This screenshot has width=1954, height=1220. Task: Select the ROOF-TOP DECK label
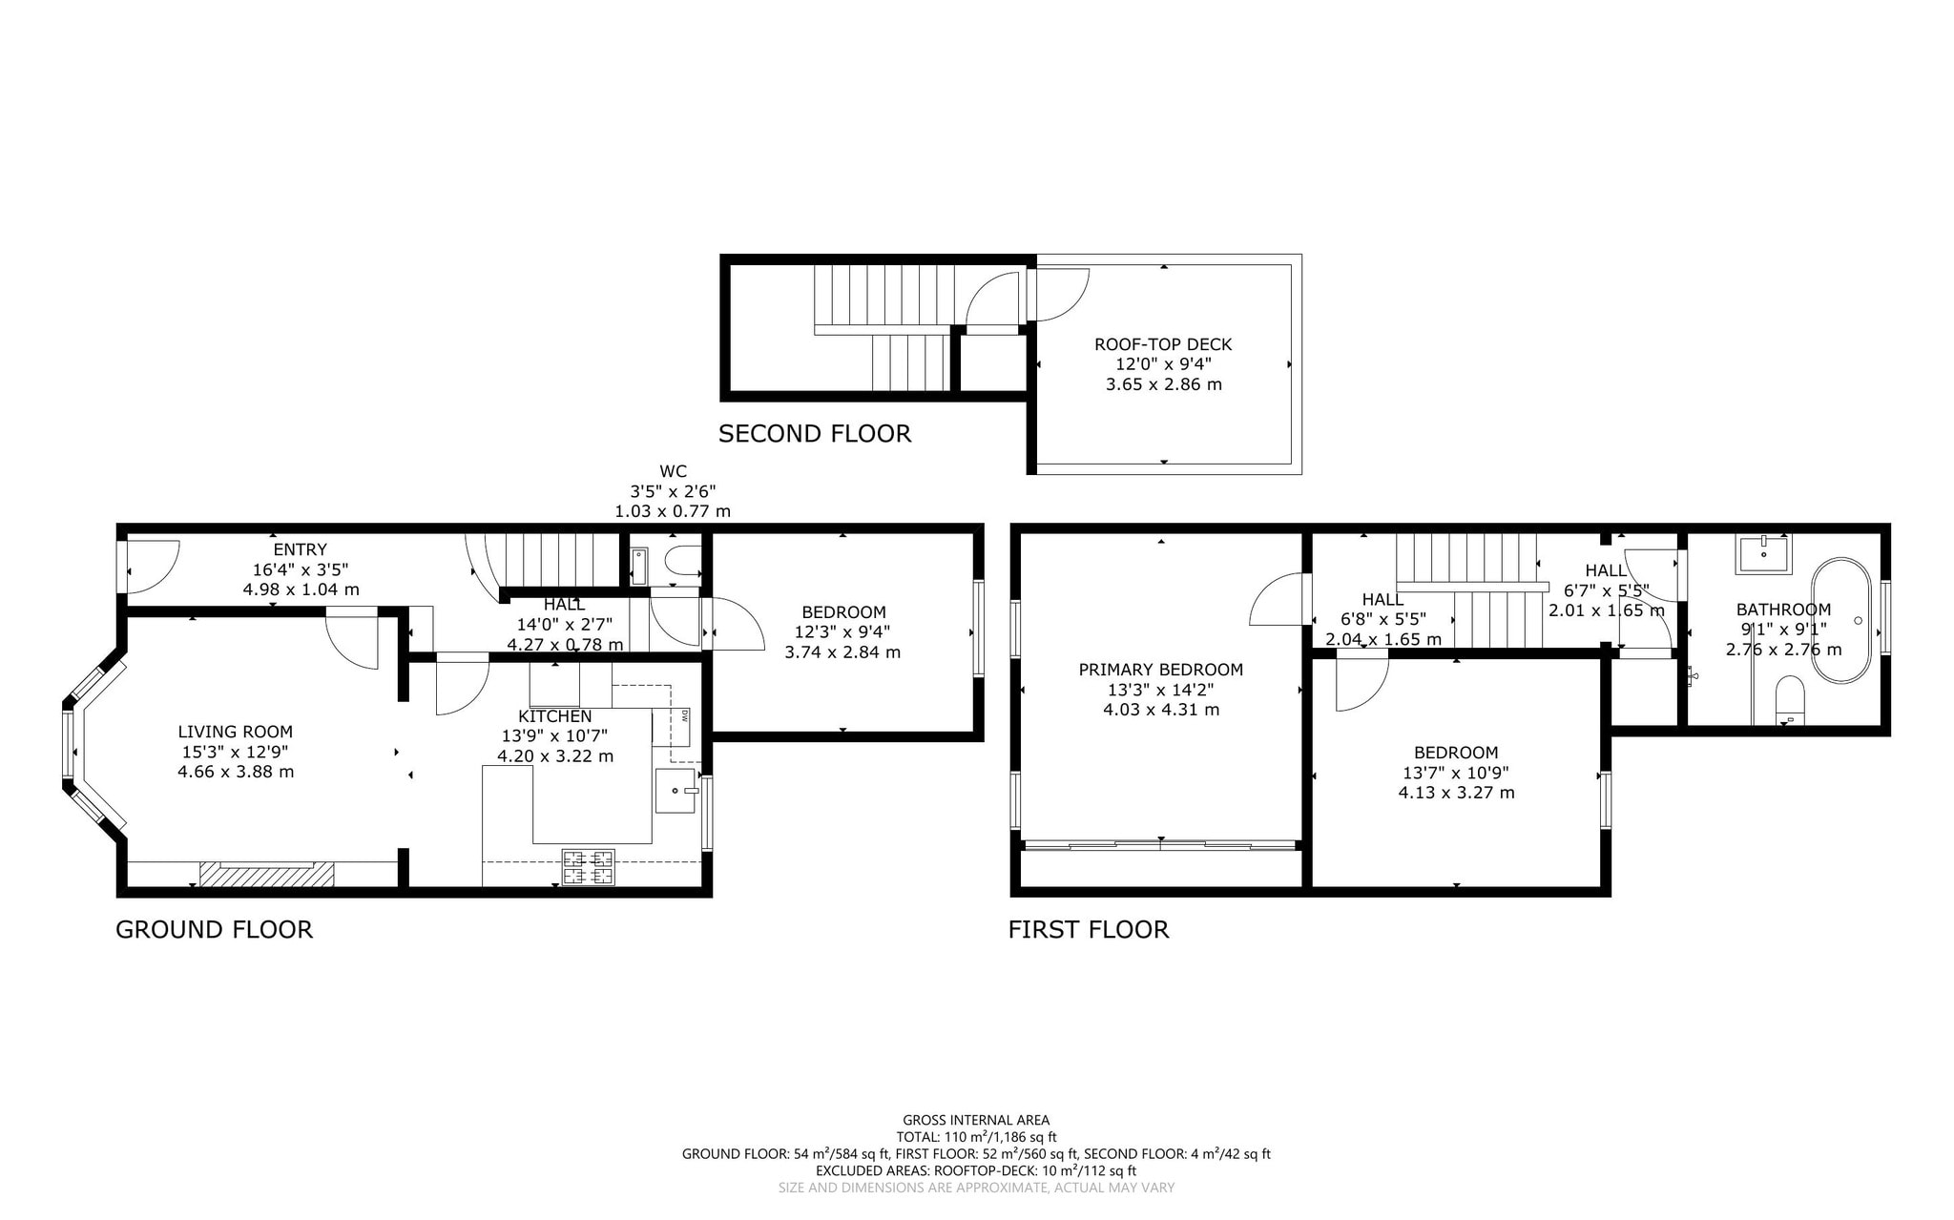pyautogui.click(x=1163, y=344)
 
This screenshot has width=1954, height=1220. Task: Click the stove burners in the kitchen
pyautogui.click(x=589, y=867)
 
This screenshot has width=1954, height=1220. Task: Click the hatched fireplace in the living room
pyautogui.click(x=267, y=874)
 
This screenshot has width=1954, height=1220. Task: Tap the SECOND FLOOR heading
pyautogui.click(x=815, y=434)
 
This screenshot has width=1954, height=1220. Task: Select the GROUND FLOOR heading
pyautogui.click(x=214, y=929)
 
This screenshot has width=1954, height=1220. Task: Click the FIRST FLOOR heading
pyautogui.click(x=1089, y=929)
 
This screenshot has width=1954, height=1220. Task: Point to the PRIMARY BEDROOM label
pyautogui.click(x=1161, y=670)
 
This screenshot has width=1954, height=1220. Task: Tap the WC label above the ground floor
pyautogui.click(x=673, y=471)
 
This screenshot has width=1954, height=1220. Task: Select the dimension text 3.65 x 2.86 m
pyautogui.click(x=1163, y=384)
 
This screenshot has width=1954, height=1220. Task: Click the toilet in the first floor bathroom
pyautogui.click(x=1790, y=699)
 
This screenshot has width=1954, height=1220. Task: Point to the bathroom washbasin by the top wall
pyautogui.click(x=1763, y=553)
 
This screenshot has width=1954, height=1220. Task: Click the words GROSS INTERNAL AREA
pyautogui.click(x=976, y=1120)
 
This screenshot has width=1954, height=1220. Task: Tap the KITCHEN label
pyautogui.click(x=554, y=716)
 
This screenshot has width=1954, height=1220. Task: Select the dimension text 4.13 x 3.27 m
pyautogui.click(x=1456, y=793)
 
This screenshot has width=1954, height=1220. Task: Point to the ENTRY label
pyautogui.click(x=301, y=549)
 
